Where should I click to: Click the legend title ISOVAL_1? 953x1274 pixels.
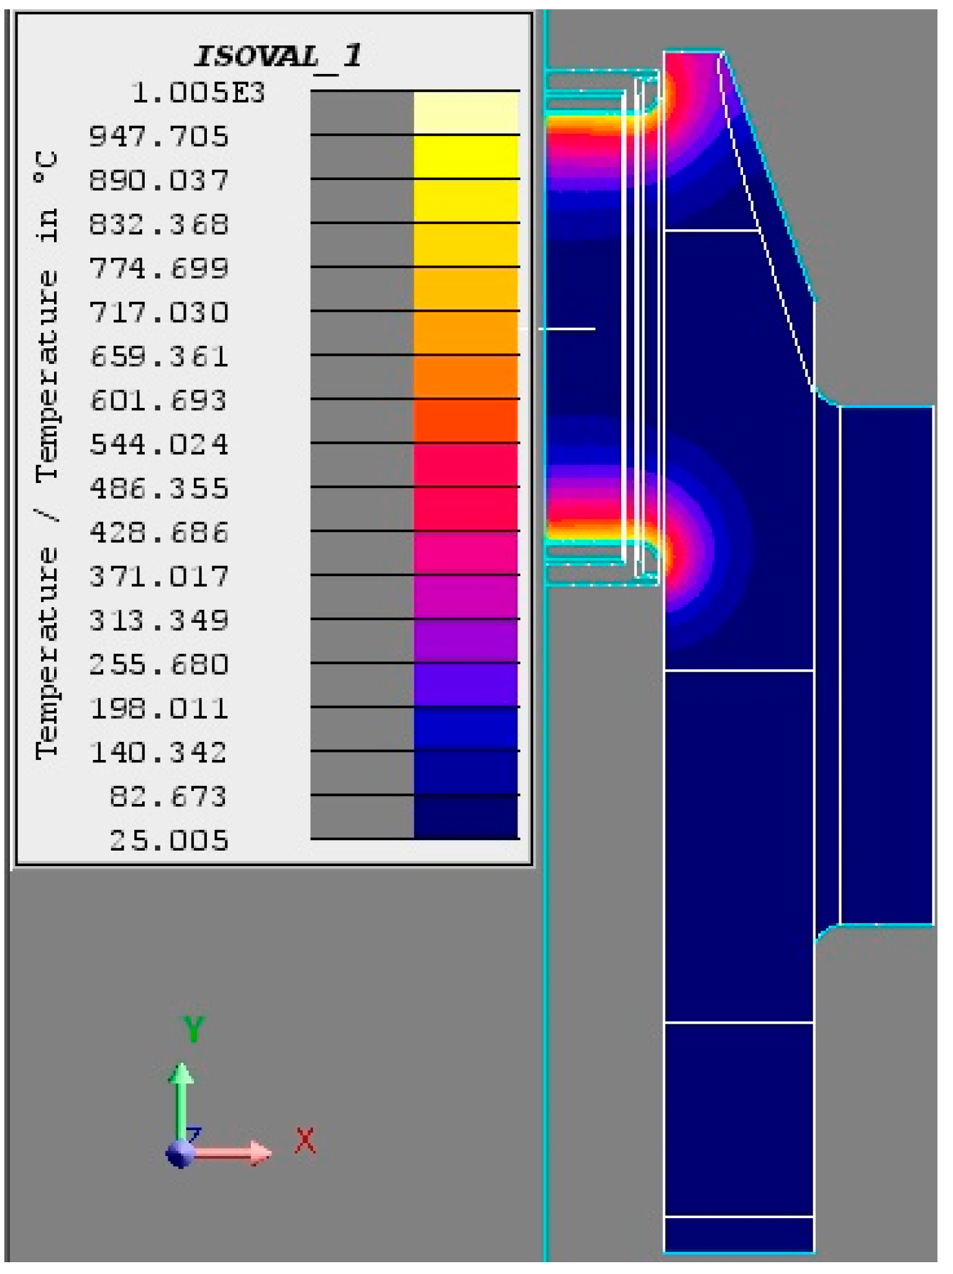(x=278, y=57)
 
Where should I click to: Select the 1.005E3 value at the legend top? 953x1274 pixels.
(x=198, y=93)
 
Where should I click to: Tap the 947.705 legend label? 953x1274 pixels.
(x=159, y=136)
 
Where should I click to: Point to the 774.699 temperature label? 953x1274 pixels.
(x=159, y=268)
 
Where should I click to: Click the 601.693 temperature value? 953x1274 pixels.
(x=159, y=400)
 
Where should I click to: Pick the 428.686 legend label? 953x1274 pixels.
(x=159, y=533)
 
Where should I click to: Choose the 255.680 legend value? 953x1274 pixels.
(x=159, y=665)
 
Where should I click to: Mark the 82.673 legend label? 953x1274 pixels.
(x=168, y=797)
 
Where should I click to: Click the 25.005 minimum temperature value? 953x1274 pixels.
(x=169, y=841)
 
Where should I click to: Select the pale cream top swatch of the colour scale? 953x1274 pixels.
(x=466, y=112)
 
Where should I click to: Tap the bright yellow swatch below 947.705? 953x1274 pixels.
(x=466, y=156)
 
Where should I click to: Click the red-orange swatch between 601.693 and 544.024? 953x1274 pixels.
(x=466, y=420)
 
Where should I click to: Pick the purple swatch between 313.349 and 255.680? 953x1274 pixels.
(x=466, y=641)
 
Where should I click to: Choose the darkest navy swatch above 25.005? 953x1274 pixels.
(x=466, y=817)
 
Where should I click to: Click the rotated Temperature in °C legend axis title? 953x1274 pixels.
(x=47, y=456)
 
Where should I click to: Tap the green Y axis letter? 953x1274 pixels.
(x=193, y=1029)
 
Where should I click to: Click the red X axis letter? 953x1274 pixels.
(x=305, y=1141)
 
